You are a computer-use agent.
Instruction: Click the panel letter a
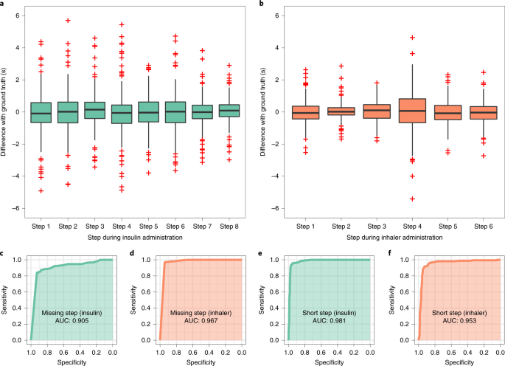(x=3, y=4)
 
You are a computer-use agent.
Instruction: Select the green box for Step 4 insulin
(x=121, y=113)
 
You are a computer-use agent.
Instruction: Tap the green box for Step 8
(x=229, y=111)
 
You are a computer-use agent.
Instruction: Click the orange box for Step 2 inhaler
(x=340, y=111)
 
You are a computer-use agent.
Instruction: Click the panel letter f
(x=389, y=254)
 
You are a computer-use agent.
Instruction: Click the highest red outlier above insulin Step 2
(x=68, y=21)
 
